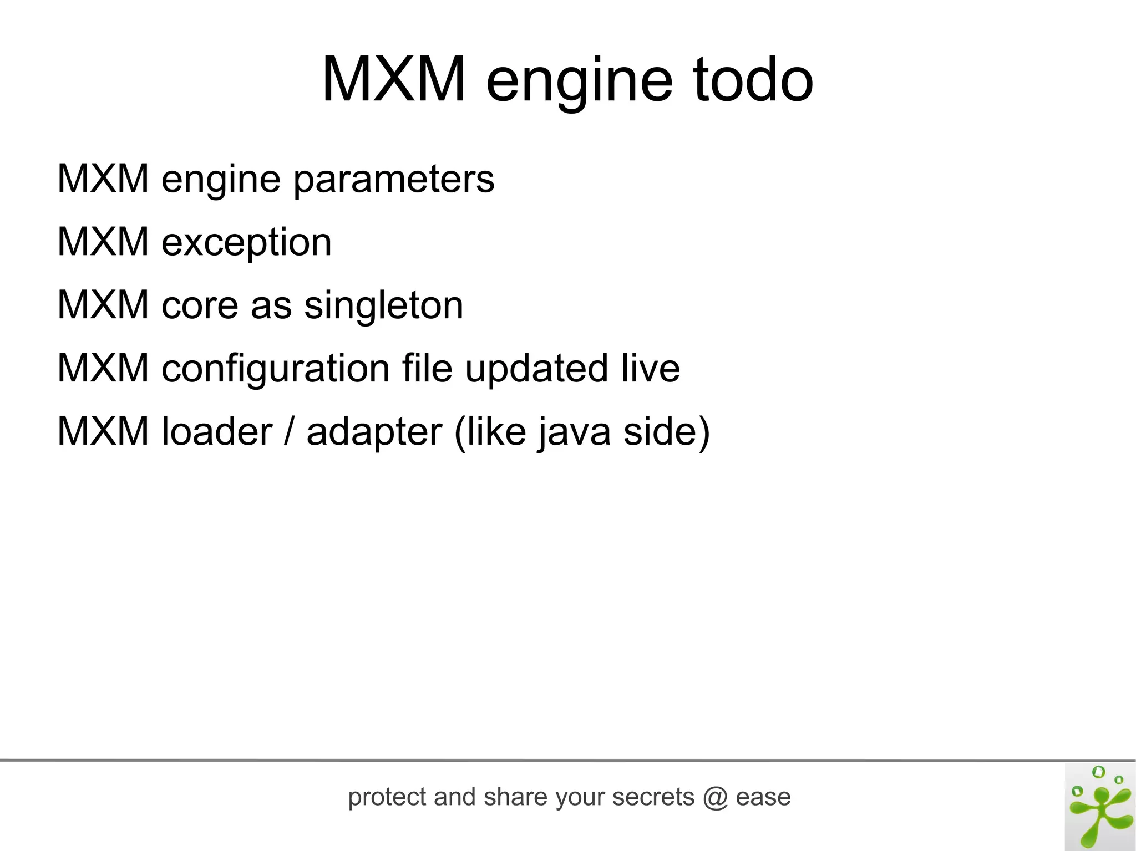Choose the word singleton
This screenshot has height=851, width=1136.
point(383,305)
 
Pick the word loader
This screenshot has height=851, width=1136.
point(217,431)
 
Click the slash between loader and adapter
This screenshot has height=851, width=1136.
point(288,431)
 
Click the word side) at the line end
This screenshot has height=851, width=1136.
point(666,432)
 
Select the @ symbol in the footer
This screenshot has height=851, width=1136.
point(715,798)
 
